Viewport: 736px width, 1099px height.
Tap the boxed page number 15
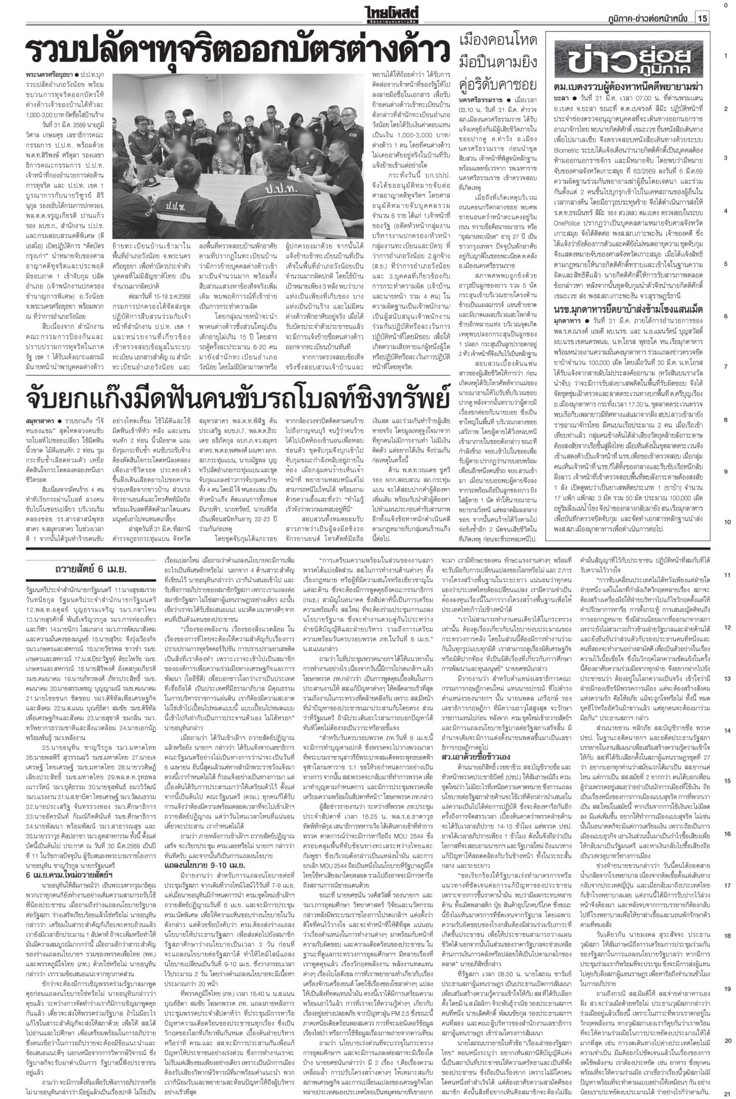point(702,19)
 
